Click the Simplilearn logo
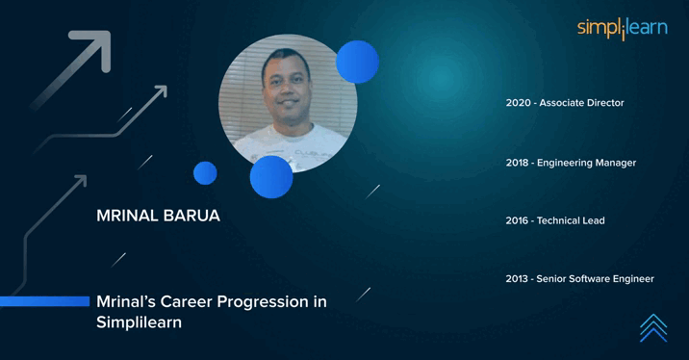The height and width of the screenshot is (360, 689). [622, 29]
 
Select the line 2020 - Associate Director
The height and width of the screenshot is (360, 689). [565, 103]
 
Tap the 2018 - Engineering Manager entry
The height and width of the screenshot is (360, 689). [571, 163]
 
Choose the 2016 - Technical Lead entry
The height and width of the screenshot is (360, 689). [555, 220]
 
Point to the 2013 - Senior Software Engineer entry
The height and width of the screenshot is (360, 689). [579, 279]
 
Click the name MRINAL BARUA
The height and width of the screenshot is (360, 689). [158, 216]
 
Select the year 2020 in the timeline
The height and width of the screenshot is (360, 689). [519, 103]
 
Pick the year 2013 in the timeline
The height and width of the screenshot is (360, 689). [519, 279]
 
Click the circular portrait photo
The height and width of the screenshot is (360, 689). [287, 101]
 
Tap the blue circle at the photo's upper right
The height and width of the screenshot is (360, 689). [357, 62]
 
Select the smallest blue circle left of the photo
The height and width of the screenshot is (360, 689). [205, 173]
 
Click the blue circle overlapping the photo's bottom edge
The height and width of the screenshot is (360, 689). [271, 177]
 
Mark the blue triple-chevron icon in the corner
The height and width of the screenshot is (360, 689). [653, 327]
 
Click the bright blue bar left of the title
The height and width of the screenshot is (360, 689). [43, 301]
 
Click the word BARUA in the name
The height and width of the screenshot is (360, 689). [192, 216]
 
